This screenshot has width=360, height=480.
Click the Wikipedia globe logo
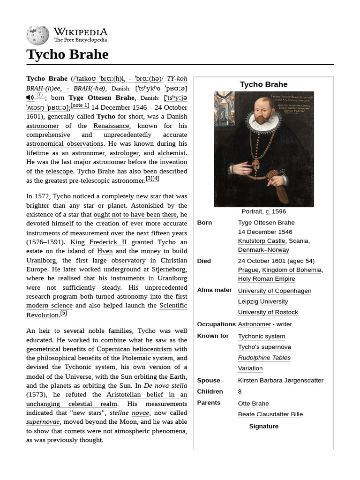click(x=38, y=35)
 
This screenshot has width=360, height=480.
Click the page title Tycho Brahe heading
click(x=67, y=54)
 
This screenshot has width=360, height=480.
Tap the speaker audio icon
click(x=30, y=97)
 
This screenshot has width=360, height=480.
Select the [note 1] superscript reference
click(x=80, y=105)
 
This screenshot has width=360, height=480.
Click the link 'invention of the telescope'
click(x=107, y=167)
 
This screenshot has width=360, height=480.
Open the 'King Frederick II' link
click(x=98, y=242)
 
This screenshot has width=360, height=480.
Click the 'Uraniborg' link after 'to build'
click(x=41, y=260)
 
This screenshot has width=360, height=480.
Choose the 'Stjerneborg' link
click(x=169, y=270)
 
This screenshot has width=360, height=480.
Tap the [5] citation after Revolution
click(x=64, y=313)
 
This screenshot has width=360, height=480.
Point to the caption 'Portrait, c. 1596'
click(x=263, y=211)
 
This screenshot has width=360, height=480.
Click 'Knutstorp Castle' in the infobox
click(x=261, y=241)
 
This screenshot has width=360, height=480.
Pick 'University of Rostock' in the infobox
click(x=268, y=312)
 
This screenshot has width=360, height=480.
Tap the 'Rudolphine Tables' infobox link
click(x=264, y=358)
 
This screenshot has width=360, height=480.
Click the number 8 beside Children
click(x=240, y=391)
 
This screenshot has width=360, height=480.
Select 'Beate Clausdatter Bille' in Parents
click(x=270, y=414)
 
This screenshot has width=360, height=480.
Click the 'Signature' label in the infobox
click(x=263, y=426)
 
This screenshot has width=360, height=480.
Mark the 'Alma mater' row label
click(x=214, y=290)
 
